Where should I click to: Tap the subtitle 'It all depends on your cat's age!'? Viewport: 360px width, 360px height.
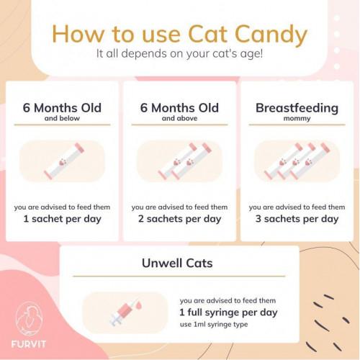[179, 53]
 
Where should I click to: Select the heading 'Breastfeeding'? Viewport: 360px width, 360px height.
[297, 108]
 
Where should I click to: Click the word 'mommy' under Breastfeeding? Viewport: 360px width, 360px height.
[297, 119]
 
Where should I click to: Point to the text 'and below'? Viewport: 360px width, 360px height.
[62, 118]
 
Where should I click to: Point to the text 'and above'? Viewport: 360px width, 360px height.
[179, 118]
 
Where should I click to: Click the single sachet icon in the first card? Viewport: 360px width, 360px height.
[64, 161]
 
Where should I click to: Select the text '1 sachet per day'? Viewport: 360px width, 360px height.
[62, 219]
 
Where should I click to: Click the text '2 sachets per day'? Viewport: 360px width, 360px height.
[179, 219]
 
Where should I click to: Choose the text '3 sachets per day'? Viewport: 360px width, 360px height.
[297, 219]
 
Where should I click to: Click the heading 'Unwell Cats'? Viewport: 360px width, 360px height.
[177, 263]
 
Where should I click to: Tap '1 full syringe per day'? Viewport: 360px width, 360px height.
[228, 312]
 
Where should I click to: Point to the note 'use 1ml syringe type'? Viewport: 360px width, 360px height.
[214, 325]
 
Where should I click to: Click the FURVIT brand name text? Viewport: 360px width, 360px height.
[28, 344]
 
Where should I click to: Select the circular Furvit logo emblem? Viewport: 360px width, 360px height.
[29, 319]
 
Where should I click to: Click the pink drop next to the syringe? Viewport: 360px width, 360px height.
[138, 305]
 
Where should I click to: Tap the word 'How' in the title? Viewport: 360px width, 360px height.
[78, 34]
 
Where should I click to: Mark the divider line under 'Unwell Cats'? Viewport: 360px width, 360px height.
[179, 276]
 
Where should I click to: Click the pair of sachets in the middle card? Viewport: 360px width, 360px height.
[184, 161]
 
